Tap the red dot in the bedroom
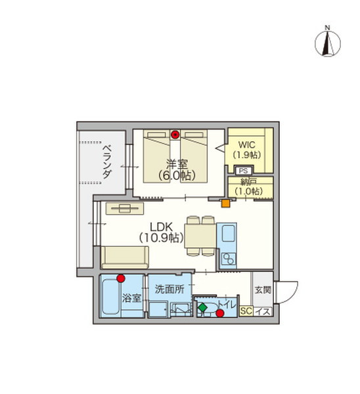point(175,135)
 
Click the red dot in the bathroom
point(121,278)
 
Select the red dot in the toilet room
point(220,313)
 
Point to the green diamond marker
point(202,307)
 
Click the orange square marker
point(226,203)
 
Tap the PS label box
point(243,171)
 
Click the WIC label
point(247,144)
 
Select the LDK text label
point(161,227)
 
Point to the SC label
point(246,311)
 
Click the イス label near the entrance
point(263,312)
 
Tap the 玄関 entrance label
point(263,290)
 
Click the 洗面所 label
point(169,289)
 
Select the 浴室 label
point(131,298)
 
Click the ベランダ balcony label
point(107,162)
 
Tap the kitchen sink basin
point(229,233)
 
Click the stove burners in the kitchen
point(229,259)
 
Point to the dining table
point(200,236)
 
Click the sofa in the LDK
point(125,257)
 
